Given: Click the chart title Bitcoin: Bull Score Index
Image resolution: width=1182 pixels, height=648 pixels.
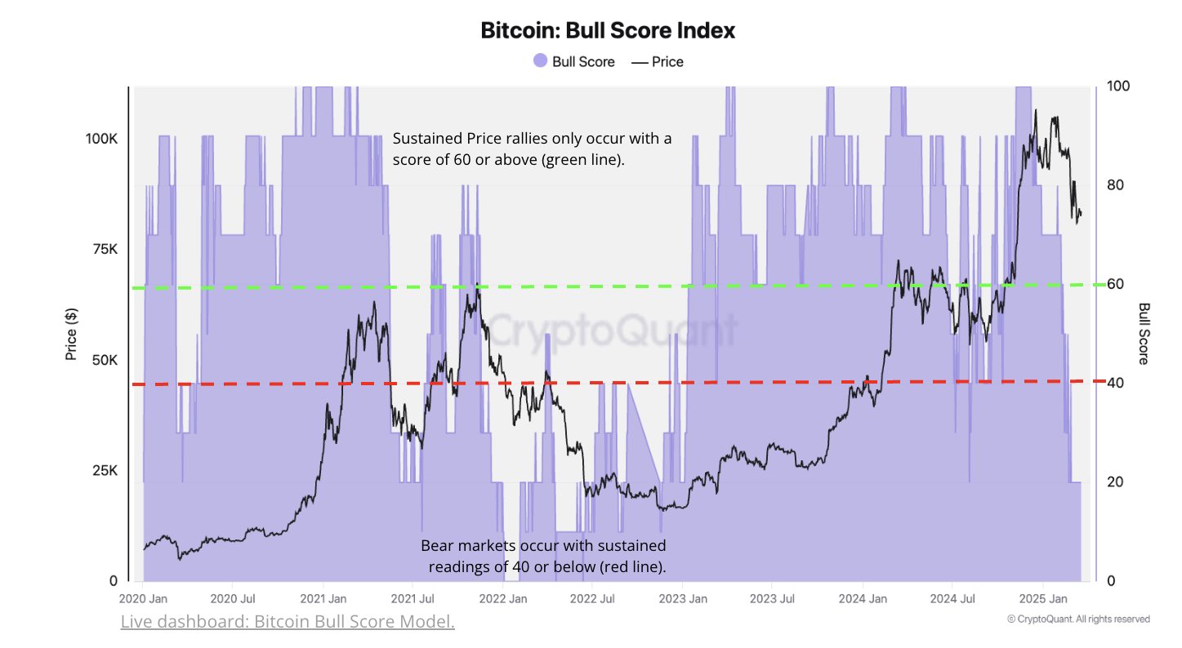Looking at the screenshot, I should [x=608, y=31].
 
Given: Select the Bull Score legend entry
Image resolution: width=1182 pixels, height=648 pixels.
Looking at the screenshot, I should [x=573, y=61].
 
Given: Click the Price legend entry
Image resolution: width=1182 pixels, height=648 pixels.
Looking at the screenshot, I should [x=658, y=61].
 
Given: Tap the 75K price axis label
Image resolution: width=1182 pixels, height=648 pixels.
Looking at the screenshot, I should [x=105, y=250].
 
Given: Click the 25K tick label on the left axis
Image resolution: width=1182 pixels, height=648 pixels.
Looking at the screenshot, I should [x=105, y=471].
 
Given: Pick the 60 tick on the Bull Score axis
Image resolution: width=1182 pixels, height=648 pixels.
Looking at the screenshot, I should [x=1115, y=284].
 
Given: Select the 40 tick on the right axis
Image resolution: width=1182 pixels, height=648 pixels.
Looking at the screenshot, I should [x=1115, y=383].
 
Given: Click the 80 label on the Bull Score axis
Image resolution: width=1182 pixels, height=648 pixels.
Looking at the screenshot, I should [x=1115, y=185].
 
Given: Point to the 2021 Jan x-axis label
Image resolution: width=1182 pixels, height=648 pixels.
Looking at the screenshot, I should [x=323, y=599].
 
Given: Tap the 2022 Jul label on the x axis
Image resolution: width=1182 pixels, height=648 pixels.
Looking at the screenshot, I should [x=592, y=599].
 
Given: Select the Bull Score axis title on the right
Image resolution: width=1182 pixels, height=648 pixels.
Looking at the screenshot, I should [x=1144, y=334].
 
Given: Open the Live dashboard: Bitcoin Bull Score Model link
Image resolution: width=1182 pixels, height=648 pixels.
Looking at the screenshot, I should [x=288, y=623].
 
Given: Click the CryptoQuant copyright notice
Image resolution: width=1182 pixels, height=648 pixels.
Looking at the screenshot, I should [x=1078, y=619].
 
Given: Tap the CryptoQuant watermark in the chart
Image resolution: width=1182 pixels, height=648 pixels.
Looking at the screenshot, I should [x=613, y=331].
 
